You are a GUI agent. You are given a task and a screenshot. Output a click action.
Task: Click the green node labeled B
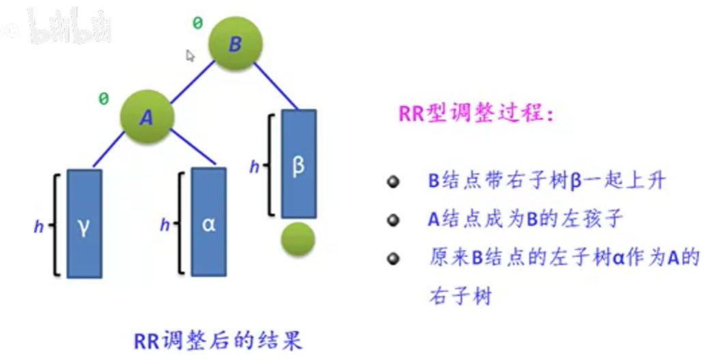[234, 44]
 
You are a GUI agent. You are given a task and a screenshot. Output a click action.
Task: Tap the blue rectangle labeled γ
[84, 223]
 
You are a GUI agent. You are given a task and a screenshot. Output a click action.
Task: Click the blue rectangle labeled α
[208, 223]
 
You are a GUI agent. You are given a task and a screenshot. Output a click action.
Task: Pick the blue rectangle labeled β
[298, 164]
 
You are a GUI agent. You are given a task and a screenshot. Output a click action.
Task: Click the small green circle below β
[298, 238]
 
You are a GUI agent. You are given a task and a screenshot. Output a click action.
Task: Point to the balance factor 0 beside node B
[197, 23]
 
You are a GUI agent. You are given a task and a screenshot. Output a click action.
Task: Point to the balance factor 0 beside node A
[104, 99]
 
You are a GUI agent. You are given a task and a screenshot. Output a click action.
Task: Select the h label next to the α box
[165, 225]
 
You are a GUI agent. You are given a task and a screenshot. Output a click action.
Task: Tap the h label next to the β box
[254, 166]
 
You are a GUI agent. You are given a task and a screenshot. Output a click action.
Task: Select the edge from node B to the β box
[277, 86]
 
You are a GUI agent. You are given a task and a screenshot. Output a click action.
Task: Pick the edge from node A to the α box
[193, 148]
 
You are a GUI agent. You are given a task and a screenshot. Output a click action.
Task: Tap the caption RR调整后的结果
[217, 340]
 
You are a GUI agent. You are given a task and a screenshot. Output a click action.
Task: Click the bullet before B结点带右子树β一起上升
[392, 182]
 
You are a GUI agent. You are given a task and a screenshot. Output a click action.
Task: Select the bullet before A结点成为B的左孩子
[392, 221]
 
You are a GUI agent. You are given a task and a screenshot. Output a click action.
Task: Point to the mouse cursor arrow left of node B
[190, 55]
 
